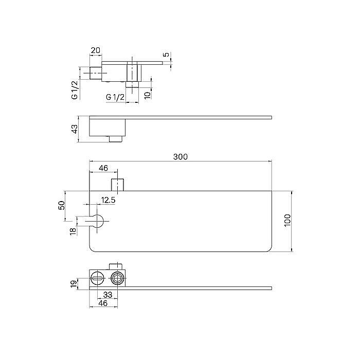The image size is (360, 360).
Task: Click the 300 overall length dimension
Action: pyautogui.click(x=181, y=157)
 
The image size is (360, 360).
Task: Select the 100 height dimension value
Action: pyautogui.click(x=287, y=220)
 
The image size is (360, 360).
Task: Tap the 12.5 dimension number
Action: pyautogui.click(x=108, y=200)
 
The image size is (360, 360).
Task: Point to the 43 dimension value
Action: pyautogui.click(x=75, y=129)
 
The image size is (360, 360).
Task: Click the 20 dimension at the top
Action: pyautogui.click(x=96, y=50)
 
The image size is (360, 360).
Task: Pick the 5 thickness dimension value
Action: pyautogui.click(x=166, y=55)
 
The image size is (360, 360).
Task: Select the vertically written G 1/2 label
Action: pyautogui.click(x=75, y=90)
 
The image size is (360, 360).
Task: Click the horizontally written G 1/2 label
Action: pyautogui.click(x=115, y=97)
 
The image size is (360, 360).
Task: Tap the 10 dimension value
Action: pyautogui.click(x=148, y=94)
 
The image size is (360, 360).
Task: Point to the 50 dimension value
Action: pyautogui.click(x=62, y=205)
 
